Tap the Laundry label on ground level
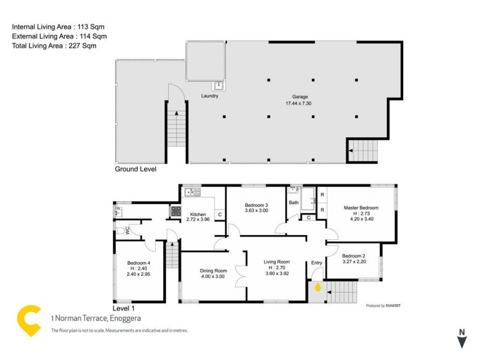[209, 96]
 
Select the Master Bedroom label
[361, 208]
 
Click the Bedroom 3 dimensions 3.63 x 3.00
[257, 210]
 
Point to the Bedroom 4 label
[139, 263]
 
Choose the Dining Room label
[213, 271]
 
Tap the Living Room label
[277, 262]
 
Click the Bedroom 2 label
[353, 256]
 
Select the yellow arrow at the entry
[317, 287]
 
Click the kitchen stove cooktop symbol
[176, 211]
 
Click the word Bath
[293, 203]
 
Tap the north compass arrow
[461, 341]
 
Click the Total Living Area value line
[54, 46]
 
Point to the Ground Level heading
[136, 170]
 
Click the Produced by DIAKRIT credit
[383, 305]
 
